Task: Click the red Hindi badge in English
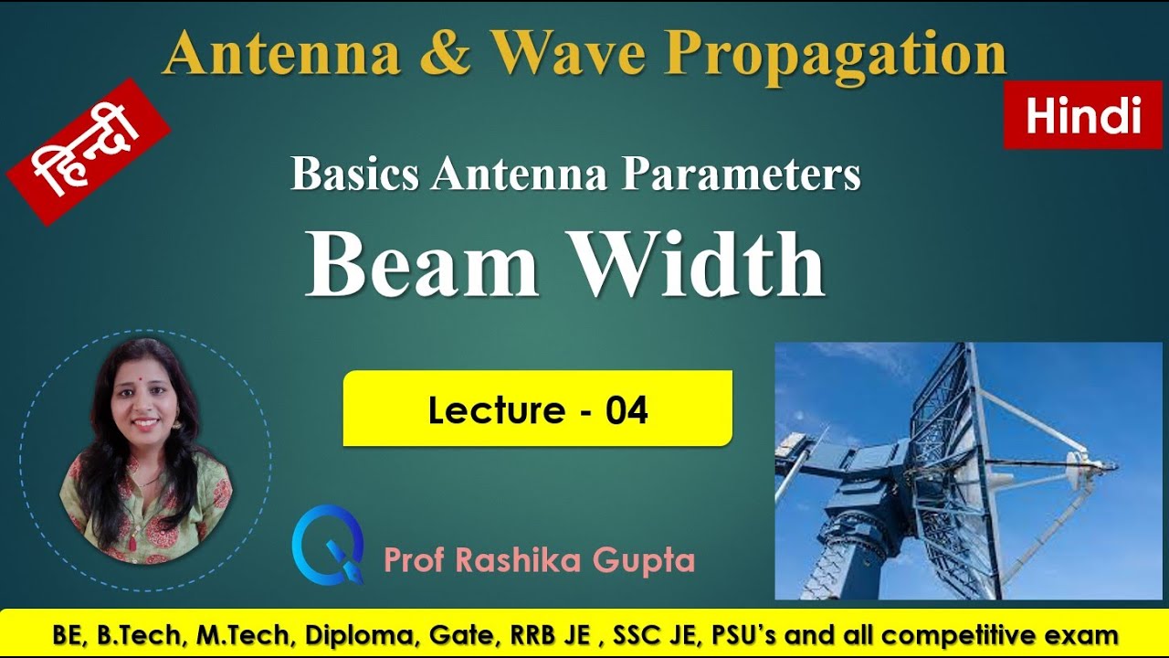pos(1084,116)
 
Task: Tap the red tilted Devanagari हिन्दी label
pos(89,151)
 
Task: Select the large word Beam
pos(421,264)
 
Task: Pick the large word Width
pos(707,264)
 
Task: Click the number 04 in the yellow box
pos(627,410)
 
